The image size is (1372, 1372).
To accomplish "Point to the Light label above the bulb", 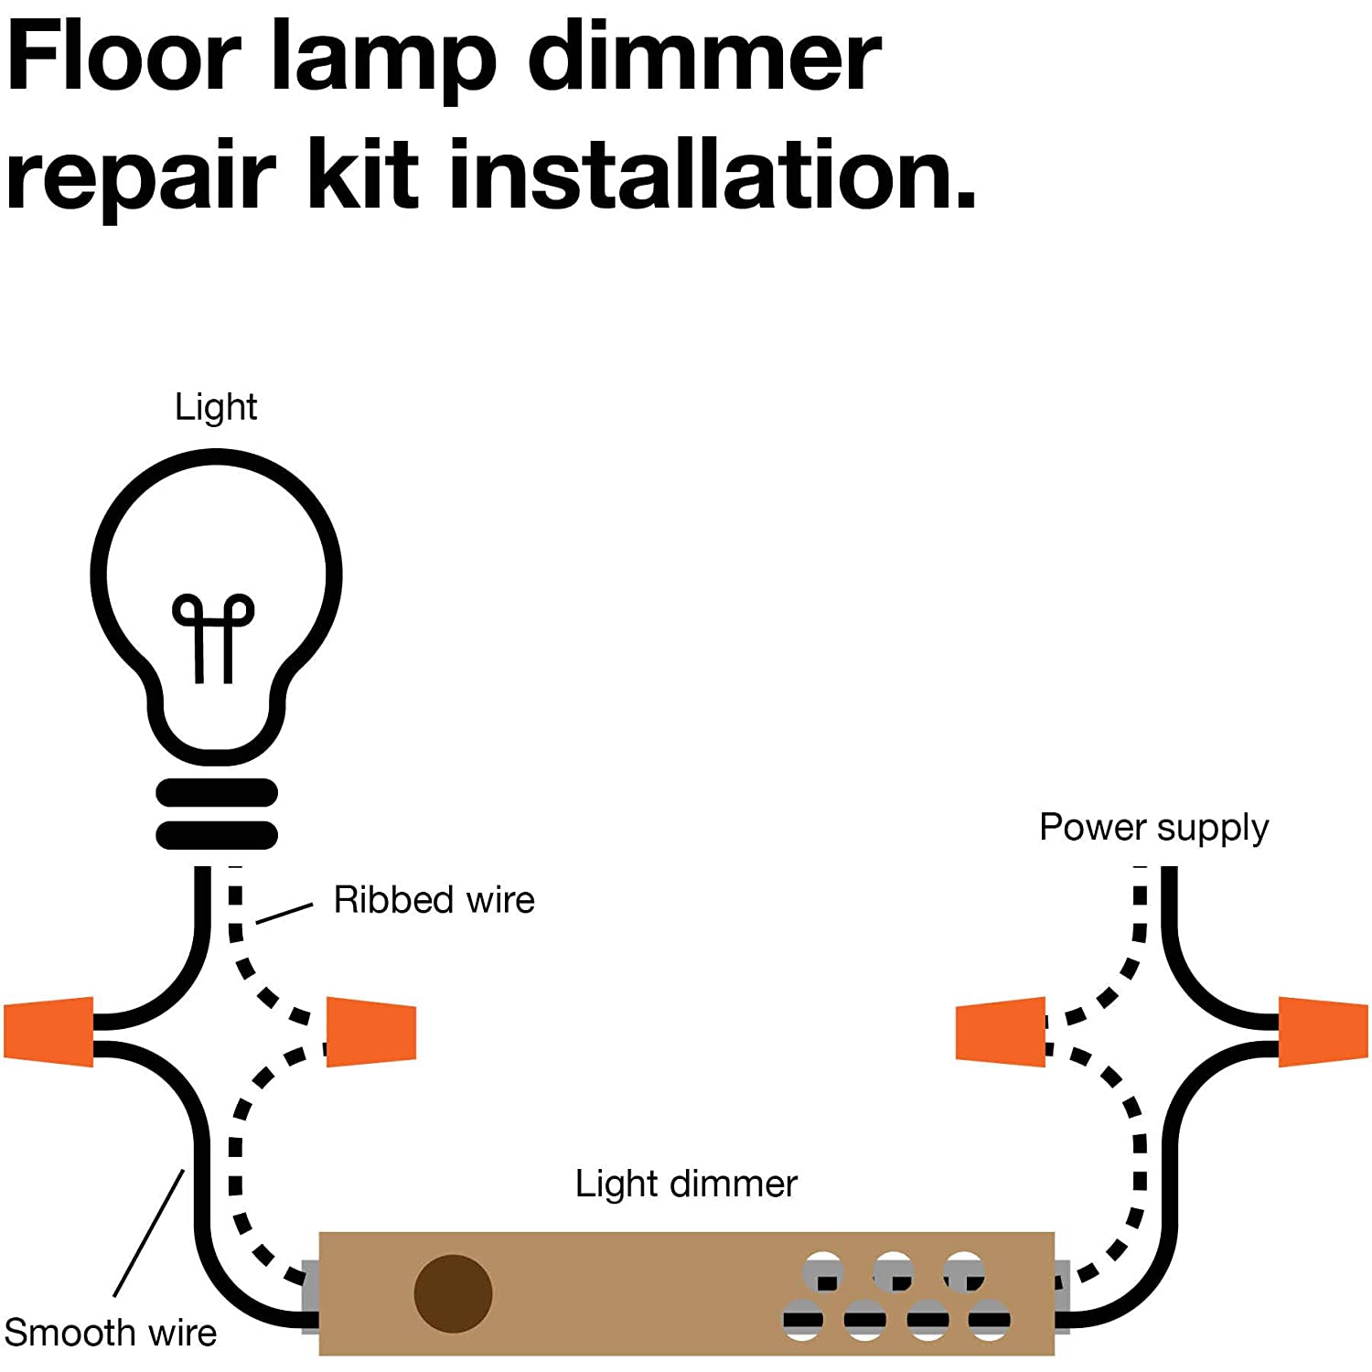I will point(216,407).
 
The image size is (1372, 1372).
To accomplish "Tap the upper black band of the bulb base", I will point(217,792).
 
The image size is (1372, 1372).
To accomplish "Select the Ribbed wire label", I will point(434,900).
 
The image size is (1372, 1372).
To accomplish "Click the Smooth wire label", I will point(111,1333).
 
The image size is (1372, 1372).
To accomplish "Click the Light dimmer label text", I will point(686,1184).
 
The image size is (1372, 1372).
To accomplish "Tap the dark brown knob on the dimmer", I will point(453,1293).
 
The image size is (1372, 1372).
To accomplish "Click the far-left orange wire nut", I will point(49,1032).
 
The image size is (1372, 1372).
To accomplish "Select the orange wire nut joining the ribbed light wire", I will point(371,1032).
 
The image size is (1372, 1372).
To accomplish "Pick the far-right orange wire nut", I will point(1323,1032).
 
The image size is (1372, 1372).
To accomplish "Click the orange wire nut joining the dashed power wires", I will point(1001,1032).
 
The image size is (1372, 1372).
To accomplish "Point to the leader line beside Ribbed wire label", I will point(284,913).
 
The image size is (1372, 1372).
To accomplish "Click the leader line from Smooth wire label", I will point(149,1232).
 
